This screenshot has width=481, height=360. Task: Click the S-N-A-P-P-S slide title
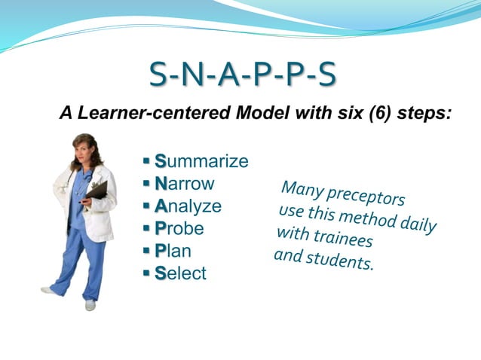coord(241,76)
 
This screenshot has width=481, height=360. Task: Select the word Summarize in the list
coord(201,161)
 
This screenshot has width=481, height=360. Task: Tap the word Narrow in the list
coord(185,184)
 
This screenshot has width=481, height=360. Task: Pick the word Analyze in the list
coord(188,206)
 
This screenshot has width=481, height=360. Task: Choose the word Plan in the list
coord(173,251)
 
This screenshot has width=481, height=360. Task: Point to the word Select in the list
coord(180,273)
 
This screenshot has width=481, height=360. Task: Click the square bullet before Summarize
coord(146,161)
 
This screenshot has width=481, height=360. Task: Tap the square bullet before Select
coord(146,273)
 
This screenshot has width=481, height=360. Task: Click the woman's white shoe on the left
coord(49,290)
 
